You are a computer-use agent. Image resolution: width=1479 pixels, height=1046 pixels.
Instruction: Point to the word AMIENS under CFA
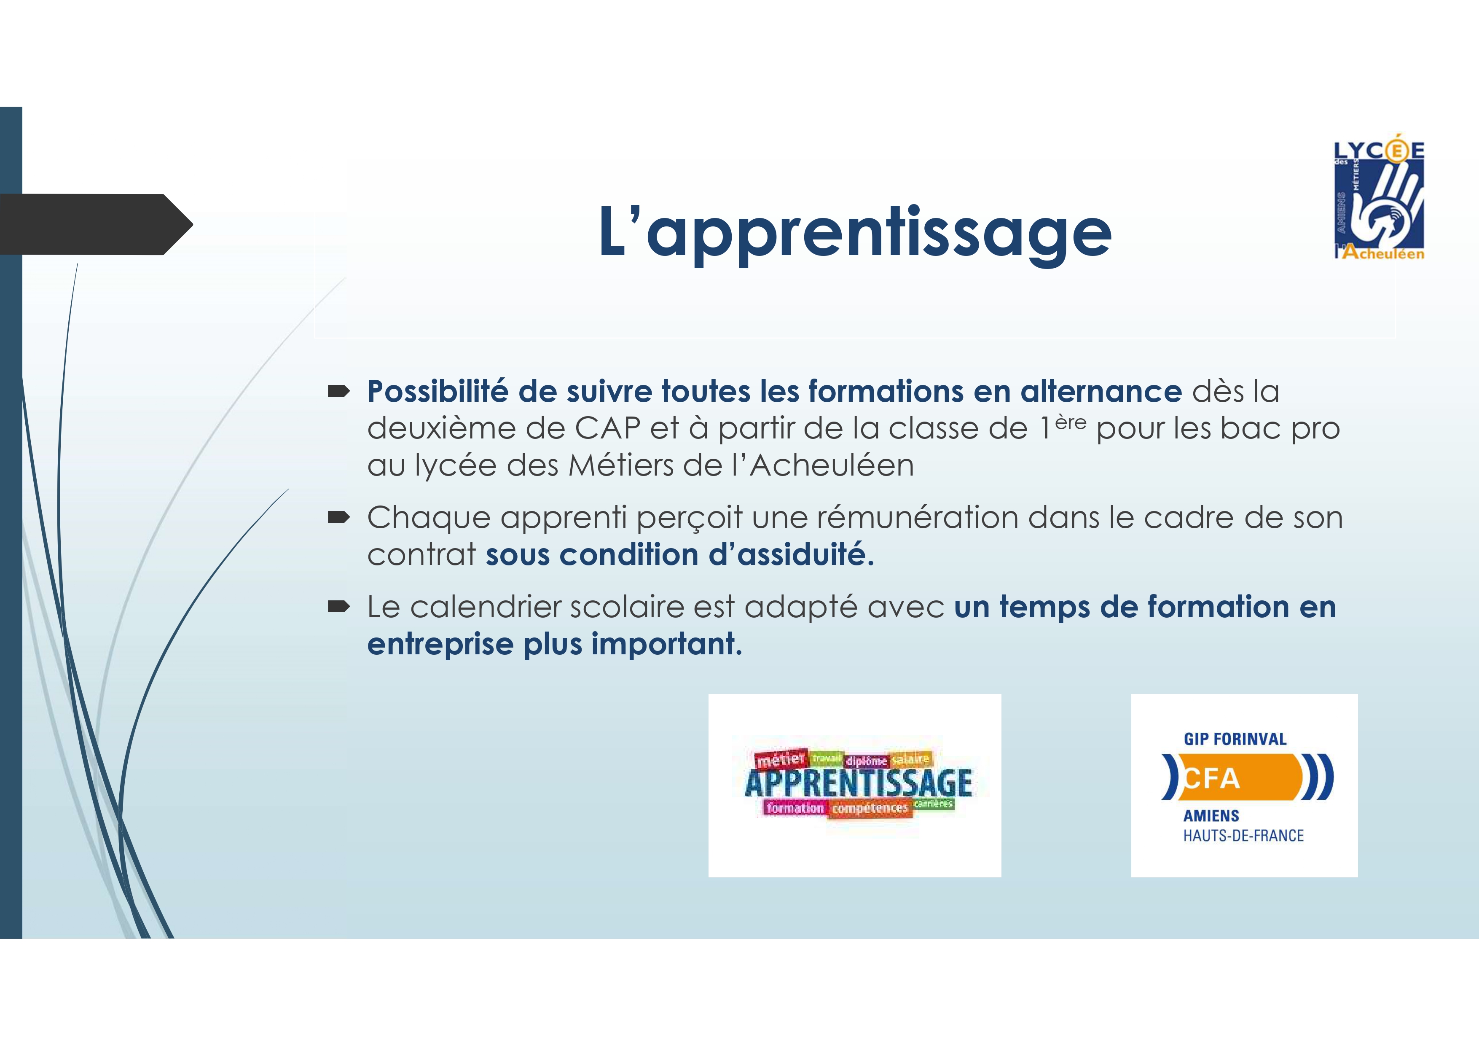click(1211, 816)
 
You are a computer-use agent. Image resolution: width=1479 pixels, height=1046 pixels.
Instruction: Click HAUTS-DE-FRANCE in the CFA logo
click(1243, 836)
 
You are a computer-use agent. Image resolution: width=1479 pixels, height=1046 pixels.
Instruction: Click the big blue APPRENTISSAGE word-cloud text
click(858, 783)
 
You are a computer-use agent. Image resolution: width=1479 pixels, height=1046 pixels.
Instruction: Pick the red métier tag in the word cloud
click(781, 760)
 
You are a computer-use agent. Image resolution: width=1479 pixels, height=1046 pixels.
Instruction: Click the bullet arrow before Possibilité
click(338, 391)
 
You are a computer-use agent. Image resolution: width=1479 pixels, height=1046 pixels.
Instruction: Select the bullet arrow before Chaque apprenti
click(338, 518)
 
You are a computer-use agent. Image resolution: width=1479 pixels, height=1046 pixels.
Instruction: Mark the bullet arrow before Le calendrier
click(338, 606)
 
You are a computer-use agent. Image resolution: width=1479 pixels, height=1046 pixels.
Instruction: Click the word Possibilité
click(438, 391)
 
